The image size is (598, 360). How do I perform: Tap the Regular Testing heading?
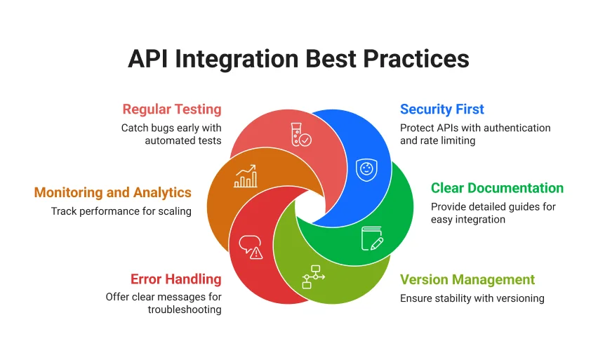click(x=172, y=109)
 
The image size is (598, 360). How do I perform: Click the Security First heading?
click(x=442, y=109)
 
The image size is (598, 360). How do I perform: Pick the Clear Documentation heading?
click(x=497, y=188)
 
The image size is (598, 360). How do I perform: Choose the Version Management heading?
click(x=467, y=280)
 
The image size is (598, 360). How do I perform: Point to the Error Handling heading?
click(x=175, y=279)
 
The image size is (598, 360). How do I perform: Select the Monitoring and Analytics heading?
click(x=113, y=192)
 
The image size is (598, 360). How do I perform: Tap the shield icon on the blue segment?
click(x=365, y=168)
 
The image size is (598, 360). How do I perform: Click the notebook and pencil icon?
click(x=372, y=238)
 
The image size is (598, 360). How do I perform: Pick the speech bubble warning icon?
click(x=251, y=246)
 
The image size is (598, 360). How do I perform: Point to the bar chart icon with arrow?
click(x=246, y=176)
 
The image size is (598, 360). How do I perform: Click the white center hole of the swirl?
click(x=308, y=206)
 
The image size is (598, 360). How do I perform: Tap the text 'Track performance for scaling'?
click(x=121, y=211)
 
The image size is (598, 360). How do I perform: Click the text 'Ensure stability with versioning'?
click(x=472, y=298)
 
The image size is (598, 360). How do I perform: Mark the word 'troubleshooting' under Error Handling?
click(x=185, y=309)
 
